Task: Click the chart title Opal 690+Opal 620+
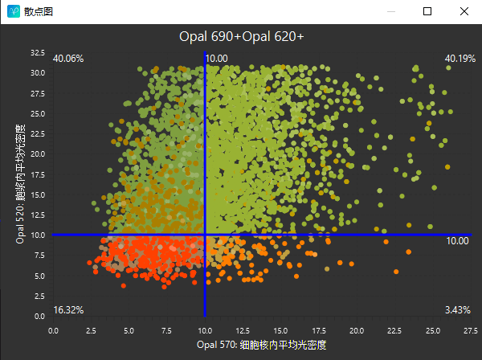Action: (x=241, y=36)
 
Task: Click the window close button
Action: (x=464, y=12)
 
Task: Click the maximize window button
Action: (x=427, y=12)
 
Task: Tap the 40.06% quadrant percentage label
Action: (x=68, y=58)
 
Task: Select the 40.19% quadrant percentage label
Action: (x=460, y=58)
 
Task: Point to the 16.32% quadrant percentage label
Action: (x=68, y=310)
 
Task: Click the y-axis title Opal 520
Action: (x=21, y=184)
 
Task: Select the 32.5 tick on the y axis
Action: (x=38, y=53)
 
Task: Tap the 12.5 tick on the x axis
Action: (x=243, y=329)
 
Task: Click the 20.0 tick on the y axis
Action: (x=38, y=153)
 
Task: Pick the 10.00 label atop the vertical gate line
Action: (x=217, y=58)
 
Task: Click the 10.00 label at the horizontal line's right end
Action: (x=457, y=241)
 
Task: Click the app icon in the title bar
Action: (x=13, y=12)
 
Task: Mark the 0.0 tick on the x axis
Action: (x=54, y=329)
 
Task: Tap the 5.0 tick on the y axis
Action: (x=40, y=276)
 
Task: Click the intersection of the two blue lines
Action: (x=205, y=235)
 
